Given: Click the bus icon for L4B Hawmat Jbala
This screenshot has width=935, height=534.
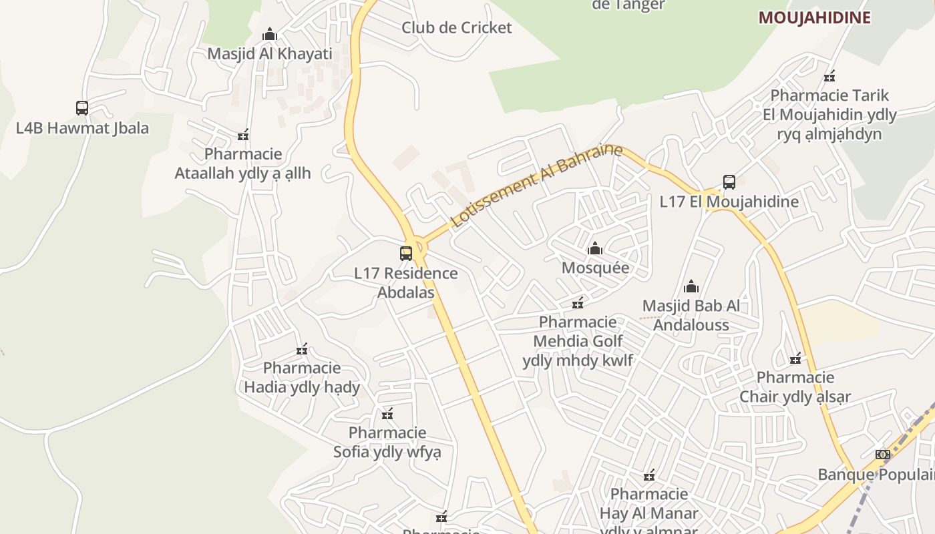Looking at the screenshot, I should tap(82, 107).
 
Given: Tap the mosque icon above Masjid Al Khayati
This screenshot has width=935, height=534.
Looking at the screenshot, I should tap(270, 33).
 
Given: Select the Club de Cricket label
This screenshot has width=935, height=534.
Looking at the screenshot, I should tap(456, 27).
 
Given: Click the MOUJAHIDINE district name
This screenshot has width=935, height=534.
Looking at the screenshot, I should tap(814, 17).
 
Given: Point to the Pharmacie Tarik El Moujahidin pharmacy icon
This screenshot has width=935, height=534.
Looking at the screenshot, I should tap(829, 76).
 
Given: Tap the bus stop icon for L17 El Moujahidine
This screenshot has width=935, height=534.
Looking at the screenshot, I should tap(729, 182).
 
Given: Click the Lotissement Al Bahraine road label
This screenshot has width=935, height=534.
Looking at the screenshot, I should tap(536, 185).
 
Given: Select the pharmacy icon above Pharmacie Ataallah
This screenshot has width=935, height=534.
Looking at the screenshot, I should tap(243, 135).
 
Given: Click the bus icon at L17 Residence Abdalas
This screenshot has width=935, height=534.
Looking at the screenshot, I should tap(406, 253).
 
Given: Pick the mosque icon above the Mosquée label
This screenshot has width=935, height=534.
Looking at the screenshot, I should tap(595, 249).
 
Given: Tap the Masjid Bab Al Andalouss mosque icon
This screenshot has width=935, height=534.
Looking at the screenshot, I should tap(691, 286).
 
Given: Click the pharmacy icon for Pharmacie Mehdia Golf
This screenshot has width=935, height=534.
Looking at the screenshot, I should tap(578, 303).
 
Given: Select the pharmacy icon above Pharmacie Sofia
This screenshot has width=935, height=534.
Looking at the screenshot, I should tap(387, 414).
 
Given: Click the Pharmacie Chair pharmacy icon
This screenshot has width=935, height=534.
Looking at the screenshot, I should tap(795, 358).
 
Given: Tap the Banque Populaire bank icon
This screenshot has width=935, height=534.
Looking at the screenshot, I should tap(883, 455).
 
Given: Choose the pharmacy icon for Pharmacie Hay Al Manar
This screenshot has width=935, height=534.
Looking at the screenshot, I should tap(649, 475).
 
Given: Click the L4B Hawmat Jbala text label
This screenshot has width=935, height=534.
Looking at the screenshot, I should tap(82, 127).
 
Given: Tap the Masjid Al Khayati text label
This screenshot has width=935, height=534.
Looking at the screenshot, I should tap(270, 53).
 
